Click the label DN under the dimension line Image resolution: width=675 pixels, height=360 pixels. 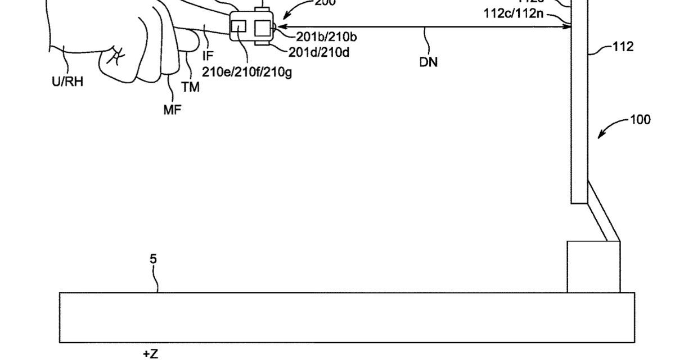coord(429,62)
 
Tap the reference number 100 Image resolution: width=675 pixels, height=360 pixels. coord(640,119)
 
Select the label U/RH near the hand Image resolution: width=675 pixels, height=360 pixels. coord(67,82)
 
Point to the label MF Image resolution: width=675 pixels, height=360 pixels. coord(172,110)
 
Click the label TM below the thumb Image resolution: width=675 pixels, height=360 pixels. coord(190,87)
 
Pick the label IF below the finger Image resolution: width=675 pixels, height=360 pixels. coord(208,56)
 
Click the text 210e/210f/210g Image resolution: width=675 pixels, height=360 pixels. coord(247,73)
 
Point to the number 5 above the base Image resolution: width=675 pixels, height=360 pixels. coord(154,259)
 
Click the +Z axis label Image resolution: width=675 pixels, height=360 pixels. coord(150,354)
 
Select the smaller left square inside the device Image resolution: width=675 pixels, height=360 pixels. coord(239,26)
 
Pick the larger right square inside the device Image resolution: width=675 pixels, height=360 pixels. coord(263,28)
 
